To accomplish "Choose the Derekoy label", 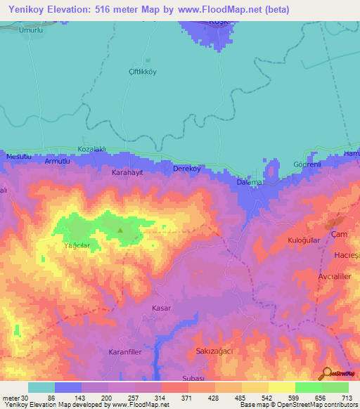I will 187,169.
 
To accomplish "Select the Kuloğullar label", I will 305,240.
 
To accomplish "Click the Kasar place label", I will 162,308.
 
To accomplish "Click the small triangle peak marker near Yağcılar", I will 120,230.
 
